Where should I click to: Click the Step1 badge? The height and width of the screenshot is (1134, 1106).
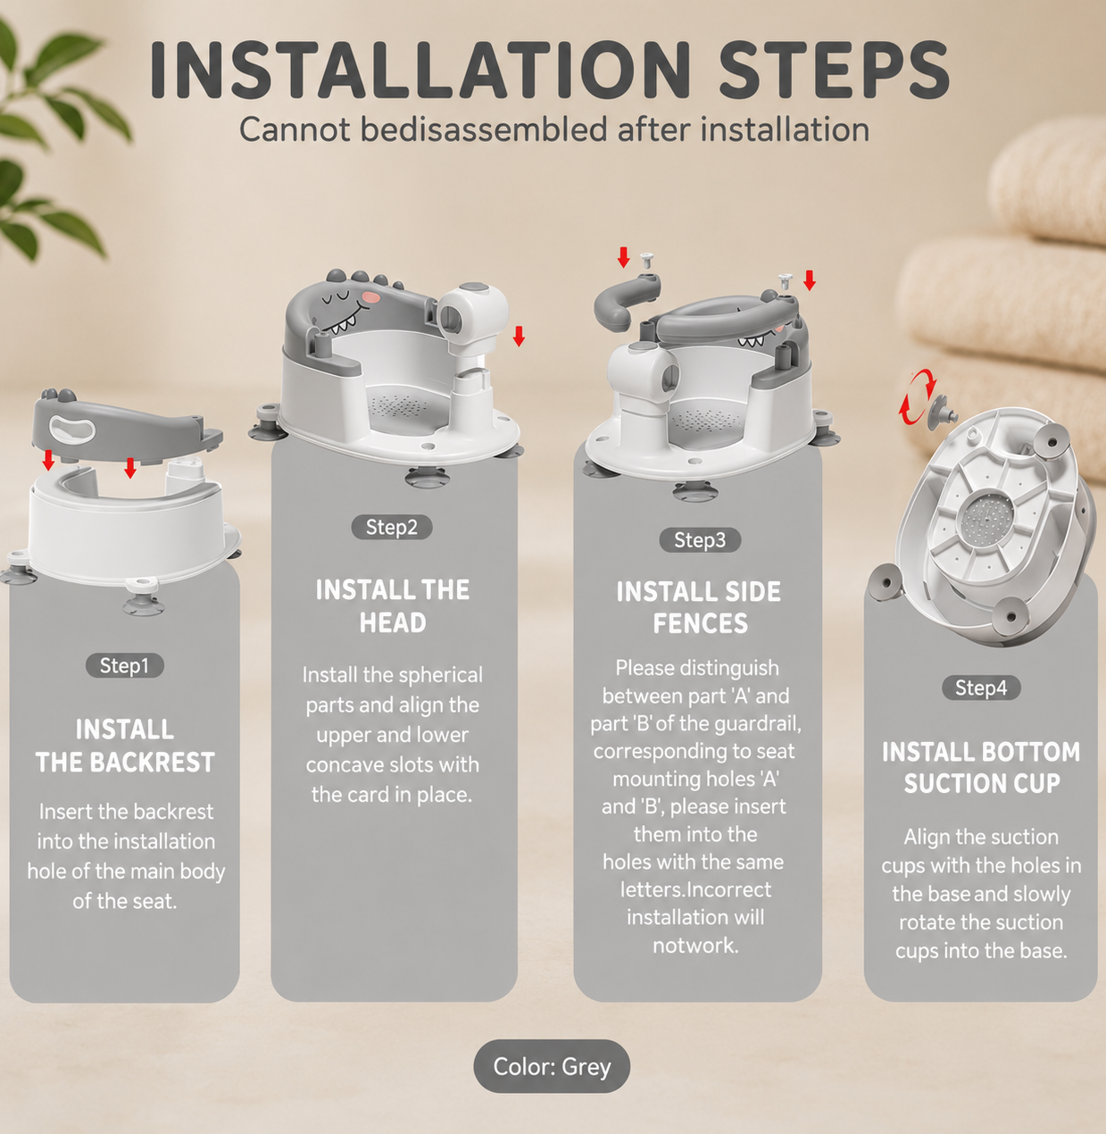tap(124, 665)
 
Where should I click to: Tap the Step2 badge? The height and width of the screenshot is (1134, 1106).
tap(392, 528)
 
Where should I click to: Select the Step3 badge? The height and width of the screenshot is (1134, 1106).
tap(700, 540)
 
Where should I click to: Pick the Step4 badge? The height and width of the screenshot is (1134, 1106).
tap(981, 688)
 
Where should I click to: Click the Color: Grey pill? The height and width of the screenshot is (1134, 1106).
tap(552, 1066)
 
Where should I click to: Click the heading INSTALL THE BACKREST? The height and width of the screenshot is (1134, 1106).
tap(125, 746)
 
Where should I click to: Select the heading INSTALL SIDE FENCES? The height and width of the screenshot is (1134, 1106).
tap(699, 608)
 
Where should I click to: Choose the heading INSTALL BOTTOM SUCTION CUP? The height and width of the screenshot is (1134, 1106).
tap(981, 768)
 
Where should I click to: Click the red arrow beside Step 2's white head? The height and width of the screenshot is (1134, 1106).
tap(519, 337)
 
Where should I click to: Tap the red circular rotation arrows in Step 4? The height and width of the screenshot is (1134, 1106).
tap(916, 396)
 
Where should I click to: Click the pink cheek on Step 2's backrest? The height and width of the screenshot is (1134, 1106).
tap(370, 297)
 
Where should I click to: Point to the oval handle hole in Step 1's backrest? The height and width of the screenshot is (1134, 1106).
tap(72, 429)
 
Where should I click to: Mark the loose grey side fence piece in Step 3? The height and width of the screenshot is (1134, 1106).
tap(627, 301)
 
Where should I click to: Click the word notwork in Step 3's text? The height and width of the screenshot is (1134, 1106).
tap(695, 946)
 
